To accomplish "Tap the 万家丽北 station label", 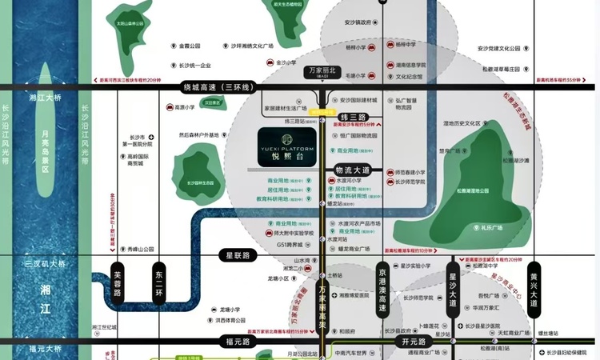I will [324, 71].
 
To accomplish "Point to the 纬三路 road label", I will [353, 118].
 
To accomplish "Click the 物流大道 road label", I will [353, 170].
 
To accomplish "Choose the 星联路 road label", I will [235, 254].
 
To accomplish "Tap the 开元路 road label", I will [409, 342].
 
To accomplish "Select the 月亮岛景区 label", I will [46, 152].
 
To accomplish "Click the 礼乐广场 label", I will [490, 228].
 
